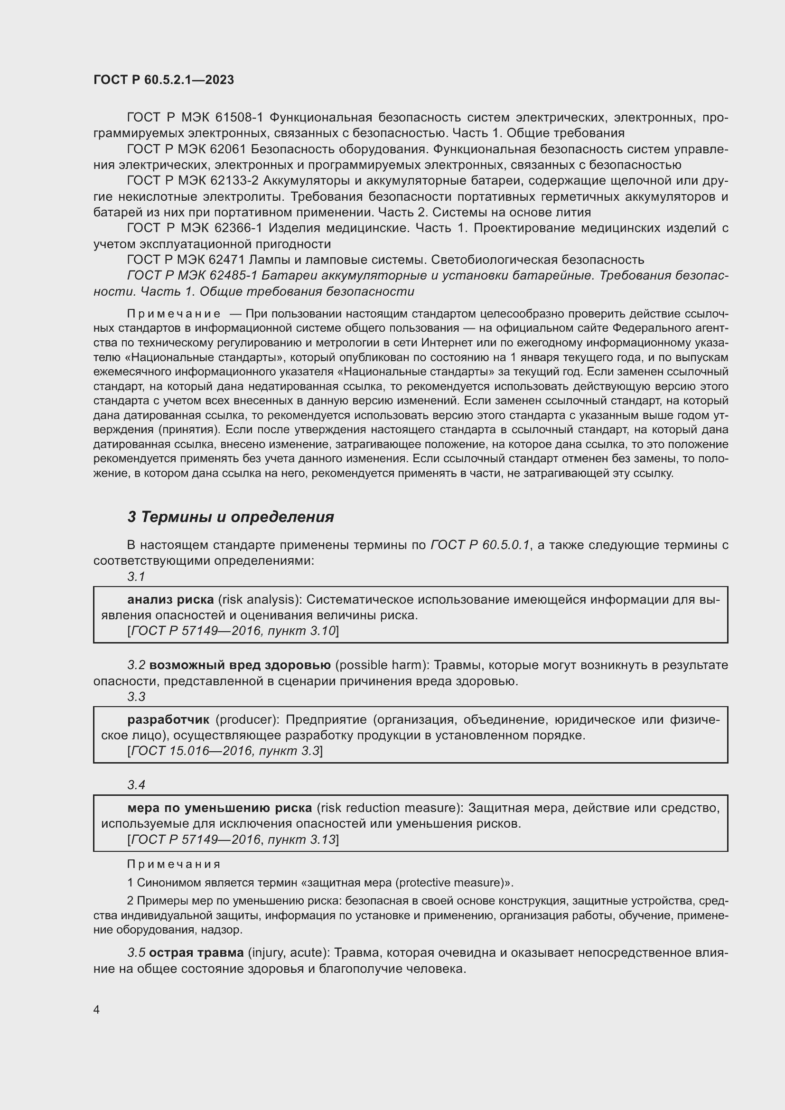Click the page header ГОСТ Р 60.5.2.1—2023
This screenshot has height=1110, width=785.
pos(163,80)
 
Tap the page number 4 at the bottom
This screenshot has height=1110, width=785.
pos(96,1009)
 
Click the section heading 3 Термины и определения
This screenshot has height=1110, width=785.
pos(231,517)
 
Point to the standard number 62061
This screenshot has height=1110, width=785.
pos(227,149)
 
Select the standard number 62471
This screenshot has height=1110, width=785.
pos(227,260)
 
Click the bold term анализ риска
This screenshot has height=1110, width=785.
pos(170,599)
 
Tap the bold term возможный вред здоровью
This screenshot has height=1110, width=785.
pos(240,665)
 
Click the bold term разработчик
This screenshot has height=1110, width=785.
pos(168,720)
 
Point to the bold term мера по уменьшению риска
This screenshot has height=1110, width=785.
pos(219,808)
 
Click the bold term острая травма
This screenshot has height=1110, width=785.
pos(196,953)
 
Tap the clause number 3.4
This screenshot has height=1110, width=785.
pos(136,784)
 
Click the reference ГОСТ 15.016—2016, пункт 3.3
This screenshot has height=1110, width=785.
pos(225,751)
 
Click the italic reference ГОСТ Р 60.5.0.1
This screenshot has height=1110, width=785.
pos(480,545)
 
